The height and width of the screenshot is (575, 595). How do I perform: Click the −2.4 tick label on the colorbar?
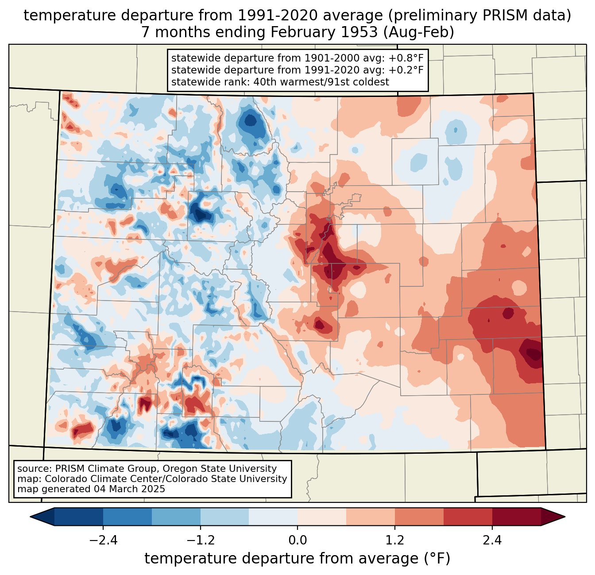tap(103, 540)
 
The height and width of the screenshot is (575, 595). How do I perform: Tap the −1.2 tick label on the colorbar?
tap(200, 540)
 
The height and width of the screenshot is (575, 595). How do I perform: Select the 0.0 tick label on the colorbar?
tap(297, 540)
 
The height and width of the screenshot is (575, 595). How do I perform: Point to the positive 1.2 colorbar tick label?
tap(395, 540)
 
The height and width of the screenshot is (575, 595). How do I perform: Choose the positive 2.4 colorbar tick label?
tap(492, 540)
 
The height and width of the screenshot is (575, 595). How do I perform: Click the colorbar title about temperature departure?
tap(297, 559)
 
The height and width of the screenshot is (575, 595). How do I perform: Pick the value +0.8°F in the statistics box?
tap(406, 58)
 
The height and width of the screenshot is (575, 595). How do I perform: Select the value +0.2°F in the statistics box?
tap(406, 70)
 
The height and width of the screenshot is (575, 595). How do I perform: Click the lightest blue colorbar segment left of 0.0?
tap(273, 517)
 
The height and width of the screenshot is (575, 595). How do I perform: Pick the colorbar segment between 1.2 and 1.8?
tap(419, 517)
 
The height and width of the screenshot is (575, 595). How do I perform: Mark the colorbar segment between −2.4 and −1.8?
tap(127, 517)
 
